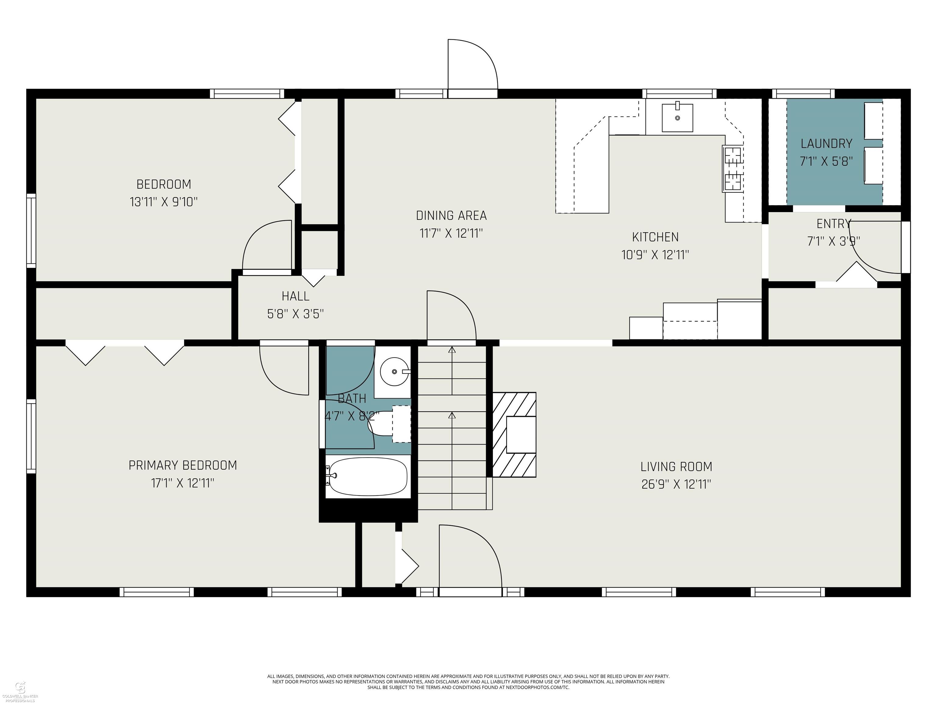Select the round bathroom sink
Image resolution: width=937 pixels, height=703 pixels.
(394, 372)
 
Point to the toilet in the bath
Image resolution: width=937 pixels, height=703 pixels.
(390, 424)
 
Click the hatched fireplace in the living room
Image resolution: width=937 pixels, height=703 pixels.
(514, 435)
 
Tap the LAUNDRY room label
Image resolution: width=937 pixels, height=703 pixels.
(826, 144)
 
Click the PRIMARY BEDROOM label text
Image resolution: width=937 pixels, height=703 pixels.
(183, 465)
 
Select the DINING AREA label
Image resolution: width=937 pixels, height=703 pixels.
(451, 216)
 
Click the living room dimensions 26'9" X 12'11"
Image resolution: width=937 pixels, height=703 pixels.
(676, 484)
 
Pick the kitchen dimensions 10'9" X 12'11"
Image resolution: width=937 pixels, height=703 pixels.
(655, 255)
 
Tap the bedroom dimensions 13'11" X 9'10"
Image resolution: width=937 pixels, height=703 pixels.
(163, 202)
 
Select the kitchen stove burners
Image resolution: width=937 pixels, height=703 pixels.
(732, 168)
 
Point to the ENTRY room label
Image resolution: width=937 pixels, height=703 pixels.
(833, 223)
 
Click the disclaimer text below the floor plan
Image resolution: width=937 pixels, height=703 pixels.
(468, 682)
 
